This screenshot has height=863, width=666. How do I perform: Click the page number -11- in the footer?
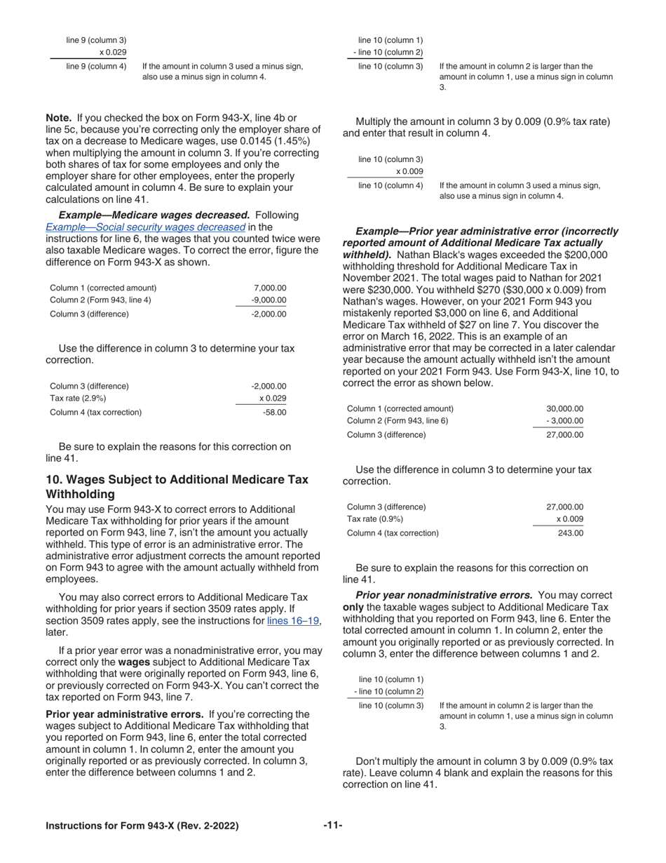[332, 826]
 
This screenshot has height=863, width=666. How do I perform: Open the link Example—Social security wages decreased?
[145, 227]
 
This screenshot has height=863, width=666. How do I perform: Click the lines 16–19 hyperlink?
[294, 621]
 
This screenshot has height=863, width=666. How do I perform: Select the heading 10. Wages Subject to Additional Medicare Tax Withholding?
[177, 486]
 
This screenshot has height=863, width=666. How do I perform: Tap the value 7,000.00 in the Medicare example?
[270, 288]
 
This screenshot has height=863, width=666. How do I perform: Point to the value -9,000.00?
[269, 300]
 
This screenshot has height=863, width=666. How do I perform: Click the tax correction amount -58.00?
[274, 413]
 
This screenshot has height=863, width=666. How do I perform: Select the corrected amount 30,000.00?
[564, 409]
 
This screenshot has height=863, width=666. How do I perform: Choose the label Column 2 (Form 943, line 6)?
[397, 421]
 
